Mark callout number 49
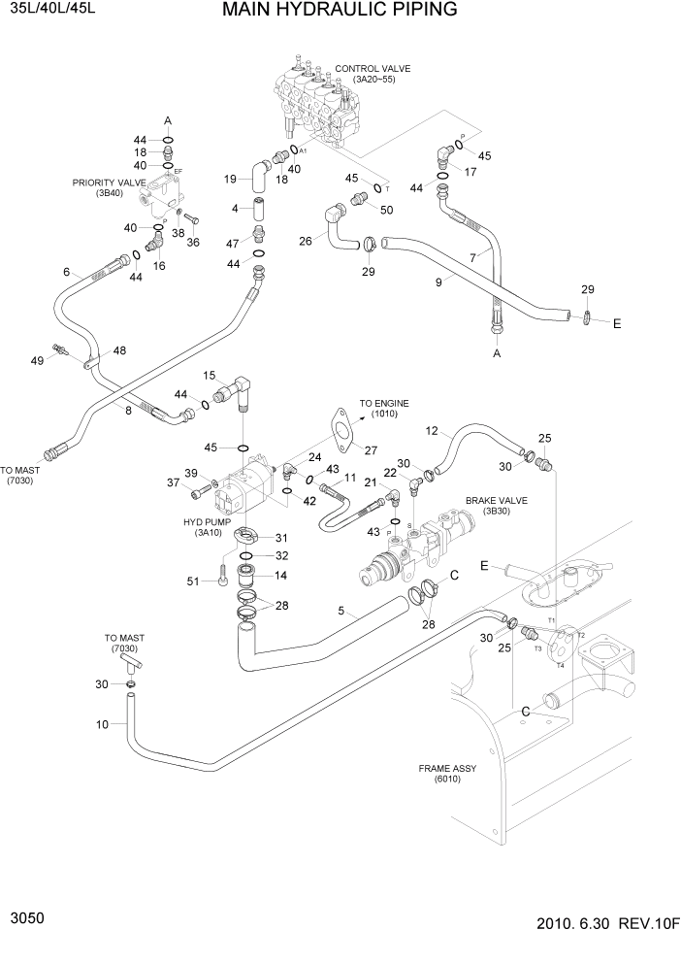38,360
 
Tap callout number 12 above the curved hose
433,431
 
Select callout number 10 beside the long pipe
103,723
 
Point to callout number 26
306,241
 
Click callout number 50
386,210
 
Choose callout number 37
173,482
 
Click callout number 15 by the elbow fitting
209,375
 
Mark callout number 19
231,179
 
